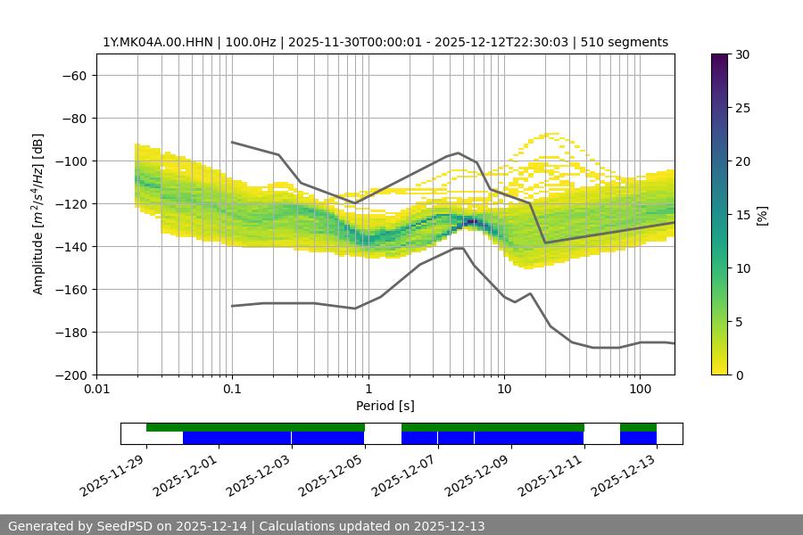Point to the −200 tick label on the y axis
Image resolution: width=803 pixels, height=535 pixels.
coord(70,375)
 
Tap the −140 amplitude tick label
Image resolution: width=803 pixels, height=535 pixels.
coord(70,247)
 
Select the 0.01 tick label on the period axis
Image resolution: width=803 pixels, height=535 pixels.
coord(96,390)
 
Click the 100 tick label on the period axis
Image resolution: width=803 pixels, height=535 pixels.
coord(639,390)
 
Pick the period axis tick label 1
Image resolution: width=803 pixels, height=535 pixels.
coord(368,390)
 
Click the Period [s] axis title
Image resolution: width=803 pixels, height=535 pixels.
coord(385,406)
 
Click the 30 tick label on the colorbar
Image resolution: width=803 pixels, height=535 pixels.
coord(741,55)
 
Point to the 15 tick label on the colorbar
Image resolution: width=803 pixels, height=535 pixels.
coord(741,215)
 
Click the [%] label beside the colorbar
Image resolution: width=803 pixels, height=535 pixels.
coord(762,215)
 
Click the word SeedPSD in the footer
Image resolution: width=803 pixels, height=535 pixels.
coord(129,527)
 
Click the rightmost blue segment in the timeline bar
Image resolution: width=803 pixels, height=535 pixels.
coord(638,438)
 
